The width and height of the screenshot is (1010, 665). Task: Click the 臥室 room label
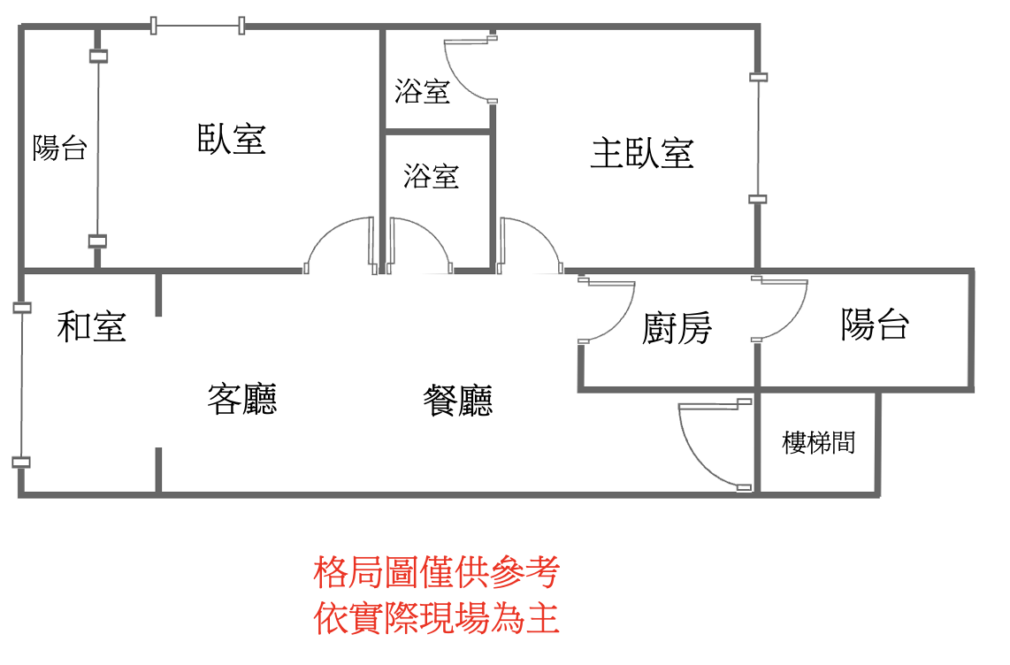point(231,139)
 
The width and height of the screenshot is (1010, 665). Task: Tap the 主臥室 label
point(642,153)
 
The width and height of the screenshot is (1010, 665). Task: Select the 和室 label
point(91,326)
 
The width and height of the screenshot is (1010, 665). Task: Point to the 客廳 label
point(242,399)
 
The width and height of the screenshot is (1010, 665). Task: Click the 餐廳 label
point(458,401)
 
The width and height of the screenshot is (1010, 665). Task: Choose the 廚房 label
point(677,328)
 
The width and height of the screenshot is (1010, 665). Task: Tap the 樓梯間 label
point(819,443)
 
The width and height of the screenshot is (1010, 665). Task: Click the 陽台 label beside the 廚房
point(875,324)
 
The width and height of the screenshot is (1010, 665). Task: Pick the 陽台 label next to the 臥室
point(60,148)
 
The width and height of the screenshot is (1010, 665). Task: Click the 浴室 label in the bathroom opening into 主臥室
point(423,91)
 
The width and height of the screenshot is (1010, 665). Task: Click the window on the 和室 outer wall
point(22,385)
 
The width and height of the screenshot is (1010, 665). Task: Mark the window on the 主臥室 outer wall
point(758,138)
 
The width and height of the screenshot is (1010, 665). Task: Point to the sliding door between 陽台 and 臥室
point(98,148)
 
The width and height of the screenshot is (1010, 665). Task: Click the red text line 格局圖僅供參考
point(437,571)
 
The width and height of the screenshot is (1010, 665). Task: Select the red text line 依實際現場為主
point(437,618)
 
